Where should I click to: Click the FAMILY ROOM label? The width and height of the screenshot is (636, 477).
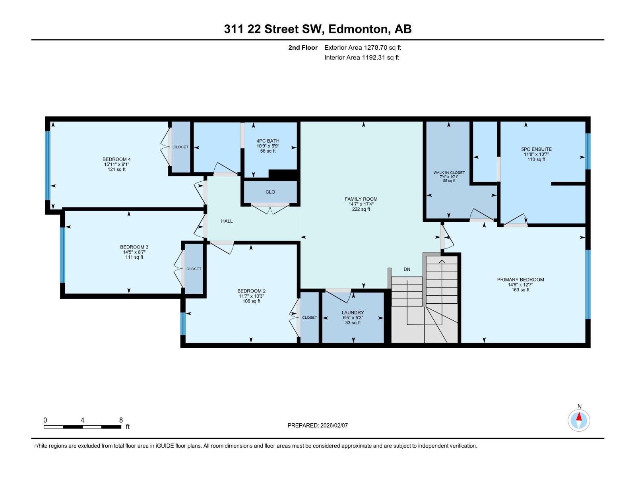[x=361, y=199]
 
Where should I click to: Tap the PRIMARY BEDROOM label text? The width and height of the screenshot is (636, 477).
[x=520, y=279]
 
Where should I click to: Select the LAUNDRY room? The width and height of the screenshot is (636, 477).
[x=353, y=317]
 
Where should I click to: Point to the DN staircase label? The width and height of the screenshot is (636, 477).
[x=407, y=270]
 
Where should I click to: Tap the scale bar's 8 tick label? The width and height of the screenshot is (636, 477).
[x=121, y=420]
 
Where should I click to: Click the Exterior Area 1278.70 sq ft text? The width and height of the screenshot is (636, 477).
[x=363, y=47]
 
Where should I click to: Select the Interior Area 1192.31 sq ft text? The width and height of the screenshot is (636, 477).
[x=361, y=57]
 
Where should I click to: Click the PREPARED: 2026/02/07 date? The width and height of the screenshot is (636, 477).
[x=318, y=425]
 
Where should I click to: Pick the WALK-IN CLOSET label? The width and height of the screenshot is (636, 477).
[x=449, y=173]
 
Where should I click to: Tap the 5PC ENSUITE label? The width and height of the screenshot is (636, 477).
[x=536, y=149]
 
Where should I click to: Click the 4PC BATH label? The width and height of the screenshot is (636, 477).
[x=268, y=141]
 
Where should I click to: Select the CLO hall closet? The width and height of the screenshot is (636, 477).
[x=270, y=192]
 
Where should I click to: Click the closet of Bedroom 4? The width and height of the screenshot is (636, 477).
[x=181, y=147]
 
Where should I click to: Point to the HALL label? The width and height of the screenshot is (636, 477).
[x=227, y=221]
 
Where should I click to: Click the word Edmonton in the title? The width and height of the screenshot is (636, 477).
[x=358, y=29]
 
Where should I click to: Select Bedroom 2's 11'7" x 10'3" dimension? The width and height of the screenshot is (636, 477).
[x=251, y=296]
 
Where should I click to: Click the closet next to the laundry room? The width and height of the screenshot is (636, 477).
[x=309, y=318]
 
